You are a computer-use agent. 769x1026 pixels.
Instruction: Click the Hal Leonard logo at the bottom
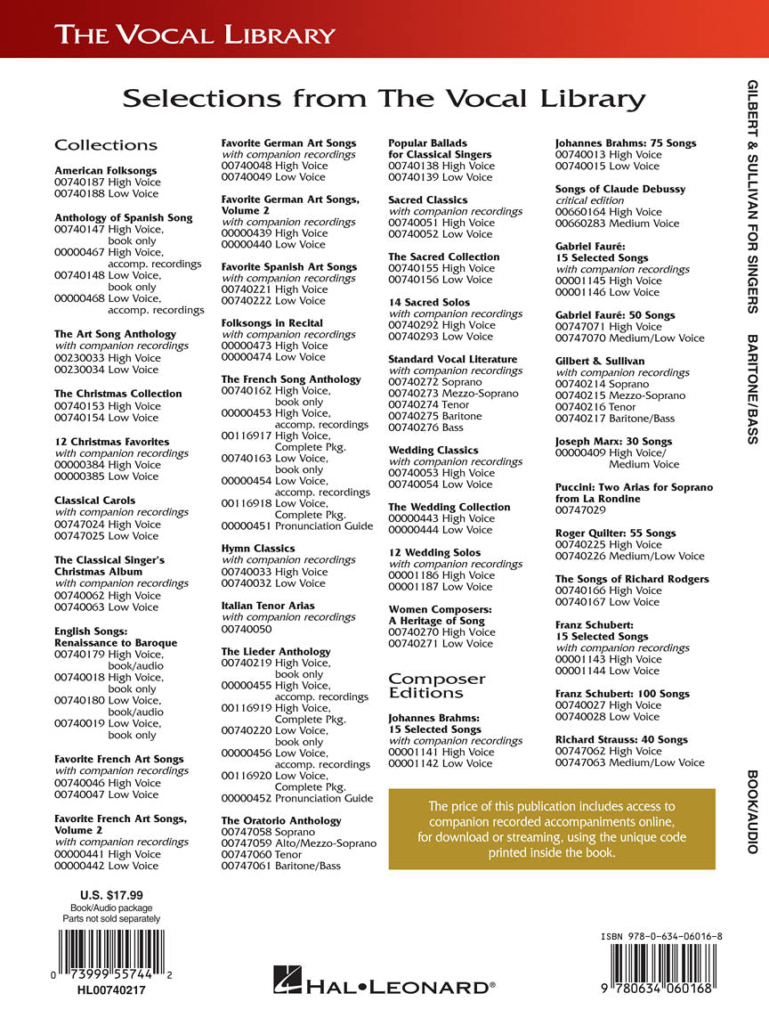pyautogui.click(x=384, y=985)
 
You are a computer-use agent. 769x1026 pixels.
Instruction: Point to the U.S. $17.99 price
pyautogui.click(x=111, y=895)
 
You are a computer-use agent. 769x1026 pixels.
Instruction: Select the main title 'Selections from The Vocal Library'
pyautogui.click(x=384, y=98)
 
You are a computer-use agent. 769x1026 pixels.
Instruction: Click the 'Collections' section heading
pyautogui.click(x=106, y=145)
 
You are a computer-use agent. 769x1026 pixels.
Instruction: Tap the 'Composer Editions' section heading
pyautogui.click(x=437, y=686)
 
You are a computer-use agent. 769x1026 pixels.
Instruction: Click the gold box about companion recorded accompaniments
pyautogui.click(x=552, y=829)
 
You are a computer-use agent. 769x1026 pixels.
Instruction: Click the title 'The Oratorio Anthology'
pyautogui.click(x=281, y=820)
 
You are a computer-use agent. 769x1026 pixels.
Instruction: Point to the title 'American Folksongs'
pyautogui.click(x=105, y=170)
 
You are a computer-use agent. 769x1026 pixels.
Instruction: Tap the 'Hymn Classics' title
pyautogui.click(x=258, y=549)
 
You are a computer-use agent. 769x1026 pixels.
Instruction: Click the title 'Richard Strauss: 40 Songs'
pyautogui.click(x=621, y=739)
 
